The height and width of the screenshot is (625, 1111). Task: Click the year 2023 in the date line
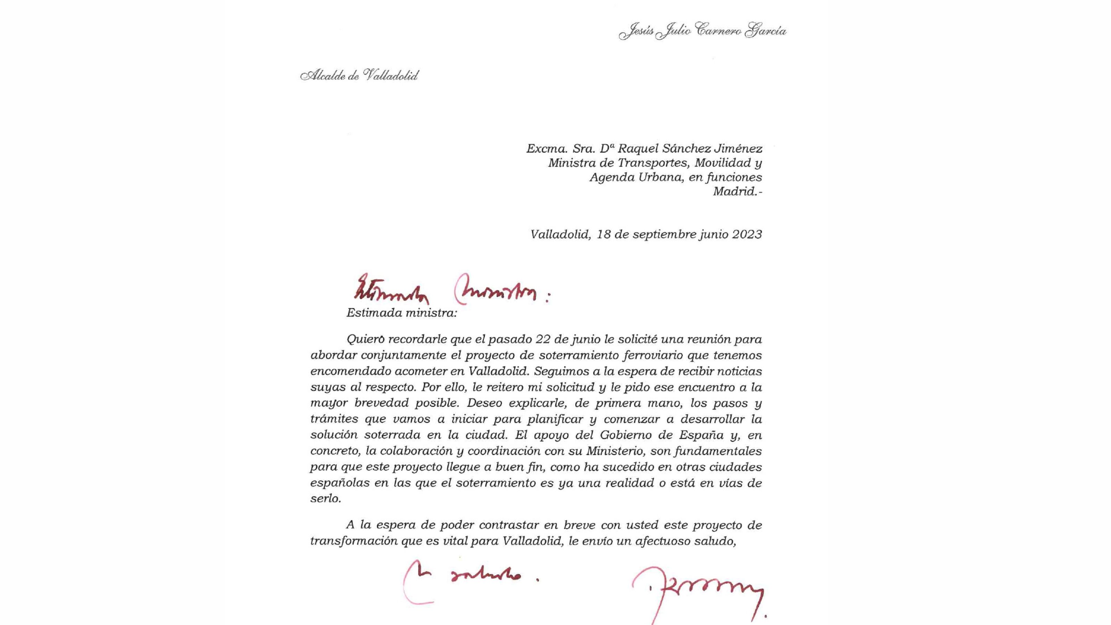[746, 234]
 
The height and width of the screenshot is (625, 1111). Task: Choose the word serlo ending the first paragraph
[325, 499]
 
